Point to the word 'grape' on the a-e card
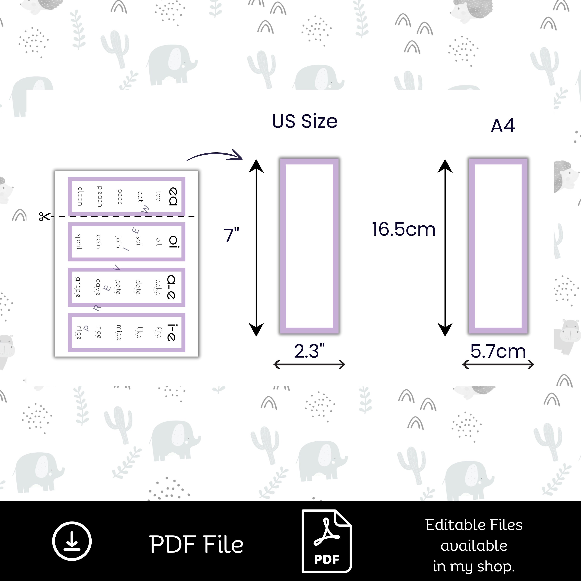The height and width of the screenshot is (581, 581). click(x=78, y=287)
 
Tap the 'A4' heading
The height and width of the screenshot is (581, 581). click(x=503, y=126)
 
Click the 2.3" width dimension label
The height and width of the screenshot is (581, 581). click(x=309, y=351)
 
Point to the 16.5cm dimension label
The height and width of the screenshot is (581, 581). click(x=404, y=230)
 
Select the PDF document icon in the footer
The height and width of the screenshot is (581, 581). click(x=327, y=541)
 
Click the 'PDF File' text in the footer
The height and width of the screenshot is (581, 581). click(x=196, y=544)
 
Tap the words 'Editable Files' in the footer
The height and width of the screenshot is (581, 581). click(x=474, y=525)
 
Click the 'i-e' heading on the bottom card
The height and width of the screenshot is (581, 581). click(x=171, y=333)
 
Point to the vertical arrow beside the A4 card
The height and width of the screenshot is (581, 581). click(x=445, y=248)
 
